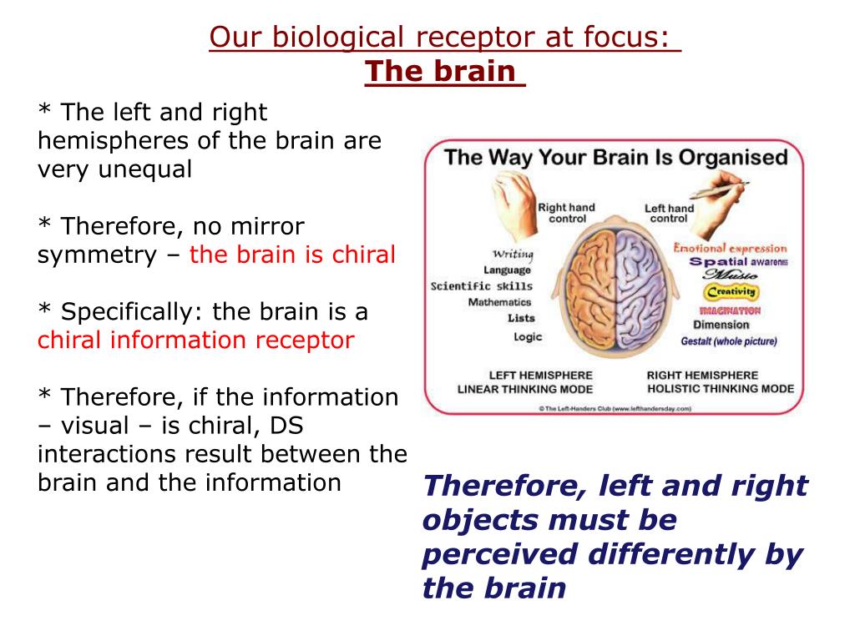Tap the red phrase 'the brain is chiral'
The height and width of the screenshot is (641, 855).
292,255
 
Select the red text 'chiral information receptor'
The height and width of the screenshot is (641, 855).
196,340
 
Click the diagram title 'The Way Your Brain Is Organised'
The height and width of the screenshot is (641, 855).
615,157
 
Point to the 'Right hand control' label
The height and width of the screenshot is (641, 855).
566,213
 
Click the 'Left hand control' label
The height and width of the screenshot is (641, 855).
669,214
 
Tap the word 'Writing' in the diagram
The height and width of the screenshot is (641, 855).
512,254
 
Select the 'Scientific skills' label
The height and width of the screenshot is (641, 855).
482,286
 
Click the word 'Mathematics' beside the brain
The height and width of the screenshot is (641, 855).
499,302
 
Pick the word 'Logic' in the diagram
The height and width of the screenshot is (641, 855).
528,336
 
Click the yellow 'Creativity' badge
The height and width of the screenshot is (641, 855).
731,292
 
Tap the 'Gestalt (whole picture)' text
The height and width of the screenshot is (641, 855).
728,341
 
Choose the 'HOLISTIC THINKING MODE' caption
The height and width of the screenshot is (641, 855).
720,389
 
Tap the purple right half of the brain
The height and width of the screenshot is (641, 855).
646,292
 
